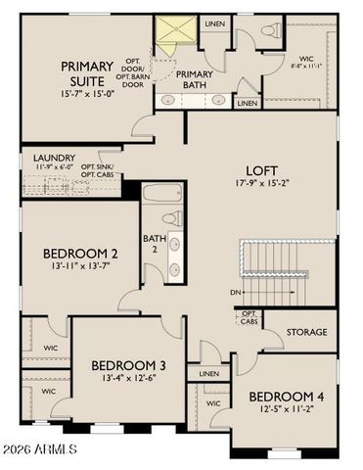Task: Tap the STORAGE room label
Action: pos(305,333)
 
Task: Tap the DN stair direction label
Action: pos(234,292)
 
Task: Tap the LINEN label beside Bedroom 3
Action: pos(208,374)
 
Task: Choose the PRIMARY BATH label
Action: pos(194,79)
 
